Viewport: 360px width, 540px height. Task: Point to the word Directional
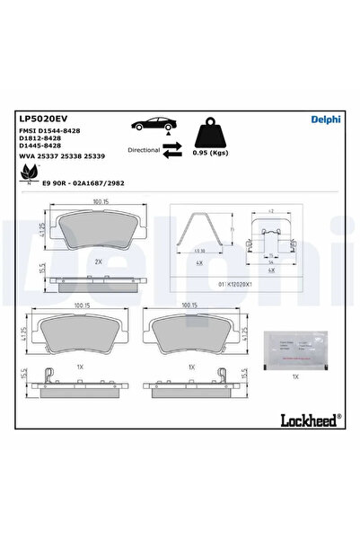point(145,149)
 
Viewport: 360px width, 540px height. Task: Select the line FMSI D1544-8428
point(49,131)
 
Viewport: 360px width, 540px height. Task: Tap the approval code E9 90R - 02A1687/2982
point(83,181)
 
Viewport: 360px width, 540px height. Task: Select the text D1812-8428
point(42,139)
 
